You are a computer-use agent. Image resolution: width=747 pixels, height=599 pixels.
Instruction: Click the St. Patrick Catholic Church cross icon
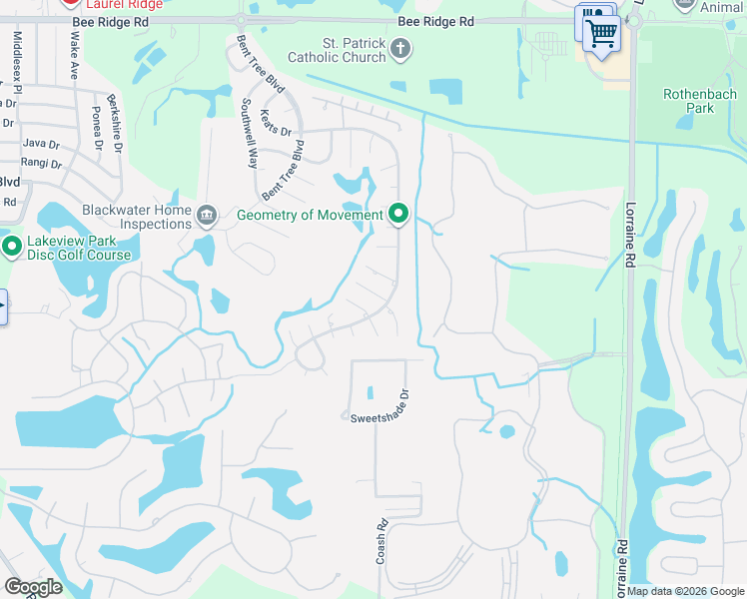pos(400,48)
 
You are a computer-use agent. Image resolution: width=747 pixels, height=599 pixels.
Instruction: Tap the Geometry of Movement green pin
pos(399,215)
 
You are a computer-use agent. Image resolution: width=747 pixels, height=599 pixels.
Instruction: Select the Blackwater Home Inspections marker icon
pos(207,215)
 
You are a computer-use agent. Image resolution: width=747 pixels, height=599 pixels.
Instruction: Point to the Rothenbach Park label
pos(700,101)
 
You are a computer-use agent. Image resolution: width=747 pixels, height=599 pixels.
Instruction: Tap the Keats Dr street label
pos(276,123)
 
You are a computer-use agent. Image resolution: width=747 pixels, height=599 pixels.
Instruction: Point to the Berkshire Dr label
pos(117,130)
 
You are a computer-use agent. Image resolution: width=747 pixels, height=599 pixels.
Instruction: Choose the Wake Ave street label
pos(74,55)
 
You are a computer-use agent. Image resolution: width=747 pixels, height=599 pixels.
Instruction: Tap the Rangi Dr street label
pos(41,163)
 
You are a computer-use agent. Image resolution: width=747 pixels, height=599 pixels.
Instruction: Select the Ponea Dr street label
pos(98,128)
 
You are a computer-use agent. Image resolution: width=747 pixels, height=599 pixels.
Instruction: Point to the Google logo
pos(33,587)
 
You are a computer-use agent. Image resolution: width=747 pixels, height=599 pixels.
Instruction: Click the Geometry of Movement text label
pos(310,215)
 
